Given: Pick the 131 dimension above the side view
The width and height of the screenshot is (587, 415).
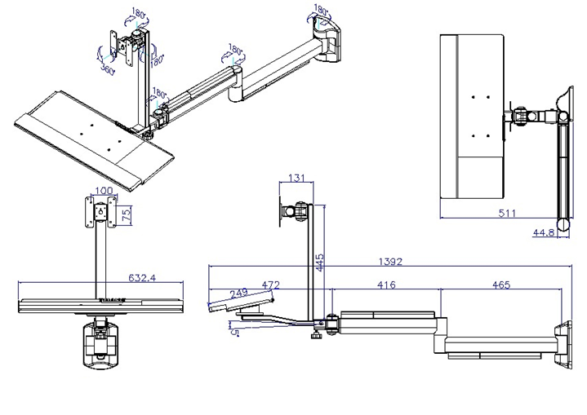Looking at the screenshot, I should click(296, 179).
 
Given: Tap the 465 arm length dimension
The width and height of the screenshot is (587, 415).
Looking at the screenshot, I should click(502, 285).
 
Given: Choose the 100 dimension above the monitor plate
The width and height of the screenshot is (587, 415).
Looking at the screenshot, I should click(103, 192).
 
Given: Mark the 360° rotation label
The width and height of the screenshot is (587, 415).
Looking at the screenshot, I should click(108, 70).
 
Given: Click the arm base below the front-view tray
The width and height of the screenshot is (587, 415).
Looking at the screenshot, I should click(100, 342).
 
